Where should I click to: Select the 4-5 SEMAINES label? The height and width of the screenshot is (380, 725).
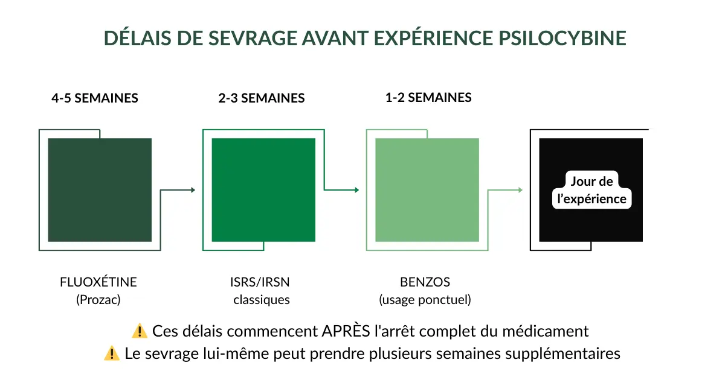click(95, 98)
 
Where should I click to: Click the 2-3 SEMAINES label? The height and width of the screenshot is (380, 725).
click(262, 98)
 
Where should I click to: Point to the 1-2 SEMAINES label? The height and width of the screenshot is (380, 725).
click(428, 97)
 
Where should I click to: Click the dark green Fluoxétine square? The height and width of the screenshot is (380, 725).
click(100, 190)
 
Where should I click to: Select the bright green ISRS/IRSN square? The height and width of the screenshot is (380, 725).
click(263, 190)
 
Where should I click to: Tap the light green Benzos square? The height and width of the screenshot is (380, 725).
click(427, 190)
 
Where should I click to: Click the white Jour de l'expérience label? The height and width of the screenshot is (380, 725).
click(591, 190)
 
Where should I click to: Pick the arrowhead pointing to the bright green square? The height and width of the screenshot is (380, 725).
click(193, 190)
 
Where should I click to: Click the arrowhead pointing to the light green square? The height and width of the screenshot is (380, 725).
click(357, 190)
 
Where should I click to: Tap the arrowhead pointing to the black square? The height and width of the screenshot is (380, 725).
click(520, 190)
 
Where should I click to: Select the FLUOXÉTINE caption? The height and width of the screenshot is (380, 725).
click(98, 282)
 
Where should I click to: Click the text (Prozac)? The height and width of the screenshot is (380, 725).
click(98, 299)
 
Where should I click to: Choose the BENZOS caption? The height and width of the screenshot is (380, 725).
click(425, 282)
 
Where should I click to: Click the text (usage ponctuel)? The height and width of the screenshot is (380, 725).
click(425, 299)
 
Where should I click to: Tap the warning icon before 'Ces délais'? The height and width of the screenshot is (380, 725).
click(140, 331)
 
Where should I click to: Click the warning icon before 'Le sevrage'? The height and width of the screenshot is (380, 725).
click(112, 353)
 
